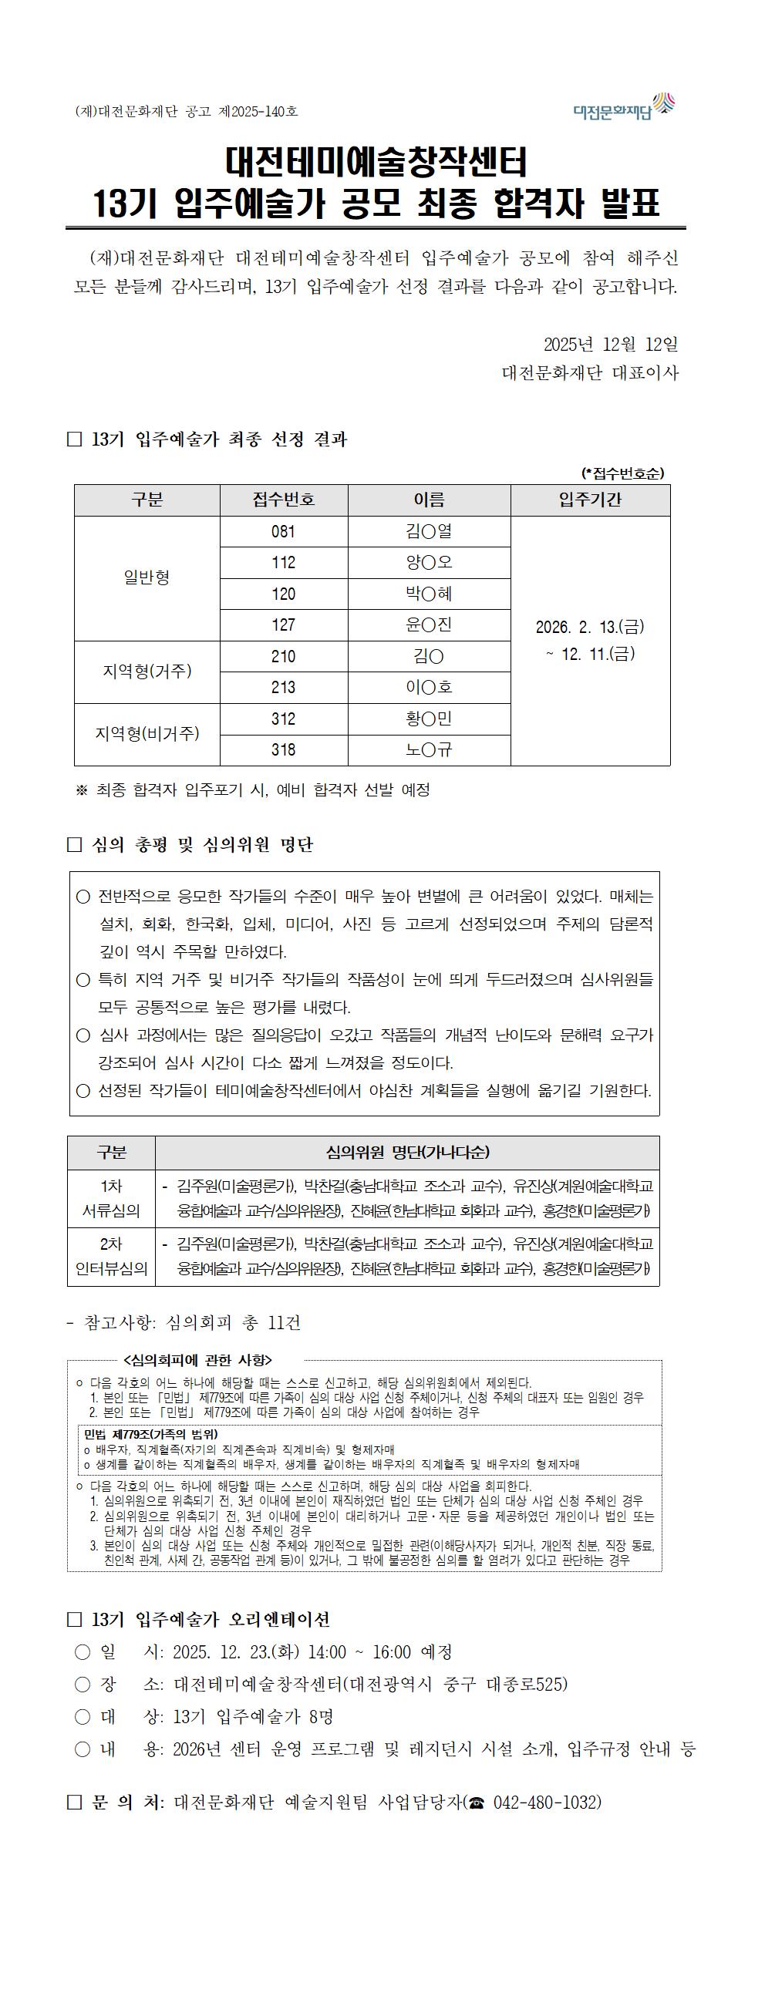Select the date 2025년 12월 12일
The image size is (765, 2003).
coord(610,344)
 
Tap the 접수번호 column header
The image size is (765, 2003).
coord(284,500)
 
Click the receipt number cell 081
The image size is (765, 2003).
coord(284,532)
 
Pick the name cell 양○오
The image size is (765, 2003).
coord(429,563)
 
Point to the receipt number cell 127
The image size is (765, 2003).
coord(284,625)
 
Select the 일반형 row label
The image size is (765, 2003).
coord(147,577)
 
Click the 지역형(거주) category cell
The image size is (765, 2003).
coord(147,671)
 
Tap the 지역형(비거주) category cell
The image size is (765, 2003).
coord(147,734)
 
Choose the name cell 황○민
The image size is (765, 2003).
coord(429,719)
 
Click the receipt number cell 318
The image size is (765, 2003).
coord(284,750)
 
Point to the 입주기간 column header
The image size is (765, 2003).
coord(590,500)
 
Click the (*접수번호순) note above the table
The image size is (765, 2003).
coord(623,473)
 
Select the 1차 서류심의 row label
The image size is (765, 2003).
coord(111,1198)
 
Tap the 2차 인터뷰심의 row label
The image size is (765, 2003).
coord(111,1257)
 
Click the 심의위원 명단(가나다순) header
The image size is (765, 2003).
coord(407,1153)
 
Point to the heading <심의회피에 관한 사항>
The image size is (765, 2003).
coord(197,1360)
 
